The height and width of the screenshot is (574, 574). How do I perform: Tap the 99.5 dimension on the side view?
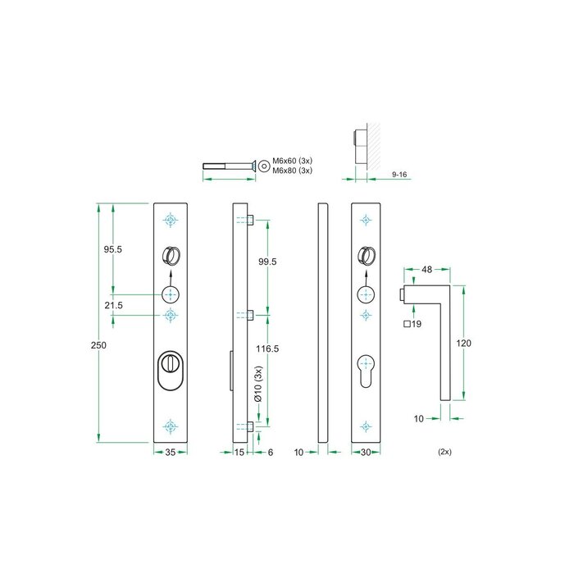pos(267,262)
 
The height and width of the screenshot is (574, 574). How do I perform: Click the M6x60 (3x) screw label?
pos(294,161)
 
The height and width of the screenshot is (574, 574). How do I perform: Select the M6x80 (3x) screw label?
pos(294,171)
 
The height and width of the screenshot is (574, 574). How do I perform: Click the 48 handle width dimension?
pos(426,269)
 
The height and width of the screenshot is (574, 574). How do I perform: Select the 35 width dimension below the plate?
pos(171,452)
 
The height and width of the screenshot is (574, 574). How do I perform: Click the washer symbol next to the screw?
pos(264,166)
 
